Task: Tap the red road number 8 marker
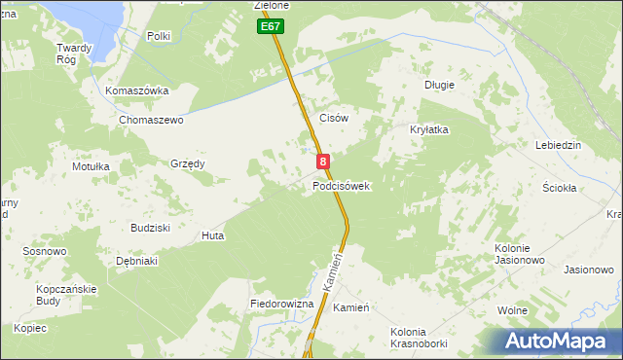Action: tap(322, 162)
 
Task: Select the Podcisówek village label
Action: tap(341, 186)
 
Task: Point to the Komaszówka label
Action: tap(137, 90)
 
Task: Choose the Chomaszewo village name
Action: tap(151, 120)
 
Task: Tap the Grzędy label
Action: tap(188, 163)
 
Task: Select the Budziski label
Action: tap(151, 227)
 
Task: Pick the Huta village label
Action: tap(212, 235)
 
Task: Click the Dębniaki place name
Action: tap(137, 261)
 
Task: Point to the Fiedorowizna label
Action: tap(281, 305)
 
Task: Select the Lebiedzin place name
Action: tap(558, 145)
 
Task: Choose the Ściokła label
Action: tap(560, 188)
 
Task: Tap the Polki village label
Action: tap(158, 36)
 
